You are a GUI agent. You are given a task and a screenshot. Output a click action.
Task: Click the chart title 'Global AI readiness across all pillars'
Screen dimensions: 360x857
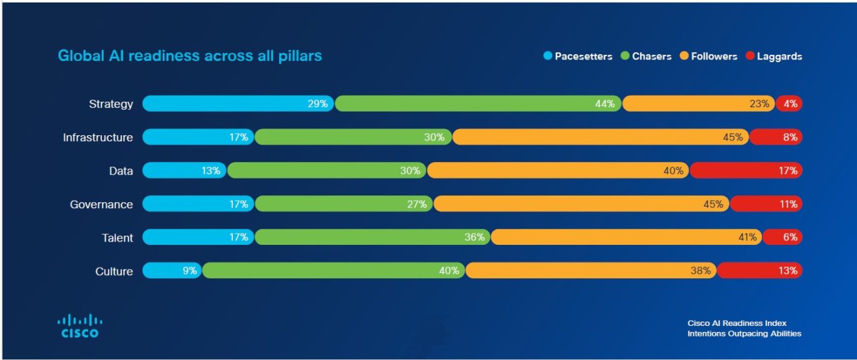[x=189, y=56]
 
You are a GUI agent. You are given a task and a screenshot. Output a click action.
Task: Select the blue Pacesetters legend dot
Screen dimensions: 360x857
[x=548, y=56]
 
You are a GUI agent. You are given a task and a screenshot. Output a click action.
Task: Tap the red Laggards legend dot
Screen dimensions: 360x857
[x=750, y=56]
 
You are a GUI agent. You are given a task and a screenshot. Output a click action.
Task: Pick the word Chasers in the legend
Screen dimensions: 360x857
[x=651, y=56]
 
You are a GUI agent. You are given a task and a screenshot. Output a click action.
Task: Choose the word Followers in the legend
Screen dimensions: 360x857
[x=714, y=56]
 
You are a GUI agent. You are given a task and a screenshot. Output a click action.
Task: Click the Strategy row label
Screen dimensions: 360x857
[x=111, y=104]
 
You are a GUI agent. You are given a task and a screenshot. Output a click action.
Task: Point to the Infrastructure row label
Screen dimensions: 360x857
[x=98, y=137]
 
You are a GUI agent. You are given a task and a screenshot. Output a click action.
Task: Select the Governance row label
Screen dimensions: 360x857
[x=101, y=204]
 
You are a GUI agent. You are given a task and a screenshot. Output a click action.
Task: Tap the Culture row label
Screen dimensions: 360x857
[x=114, y=271]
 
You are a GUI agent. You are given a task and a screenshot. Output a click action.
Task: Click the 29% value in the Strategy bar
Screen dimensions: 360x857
[x=317, y=104]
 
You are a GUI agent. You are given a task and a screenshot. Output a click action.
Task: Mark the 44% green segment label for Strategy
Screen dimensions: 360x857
[x=604, y=104]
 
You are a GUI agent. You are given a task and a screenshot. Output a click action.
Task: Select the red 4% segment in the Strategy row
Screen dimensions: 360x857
[x=790, y=104]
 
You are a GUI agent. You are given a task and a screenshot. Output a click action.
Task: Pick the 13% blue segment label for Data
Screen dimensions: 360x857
[x=210, y=171]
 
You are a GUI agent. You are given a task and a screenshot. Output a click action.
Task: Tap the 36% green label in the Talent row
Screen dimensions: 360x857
[x=474, y=238]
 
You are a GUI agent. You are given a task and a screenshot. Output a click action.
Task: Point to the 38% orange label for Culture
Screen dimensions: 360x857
[x=700, y=271]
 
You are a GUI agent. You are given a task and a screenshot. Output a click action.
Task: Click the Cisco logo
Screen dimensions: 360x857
[x=80, y=326]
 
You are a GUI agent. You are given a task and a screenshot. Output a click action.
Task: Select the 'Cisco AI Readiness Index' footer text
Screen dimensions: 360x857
[x=736, y=323]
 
